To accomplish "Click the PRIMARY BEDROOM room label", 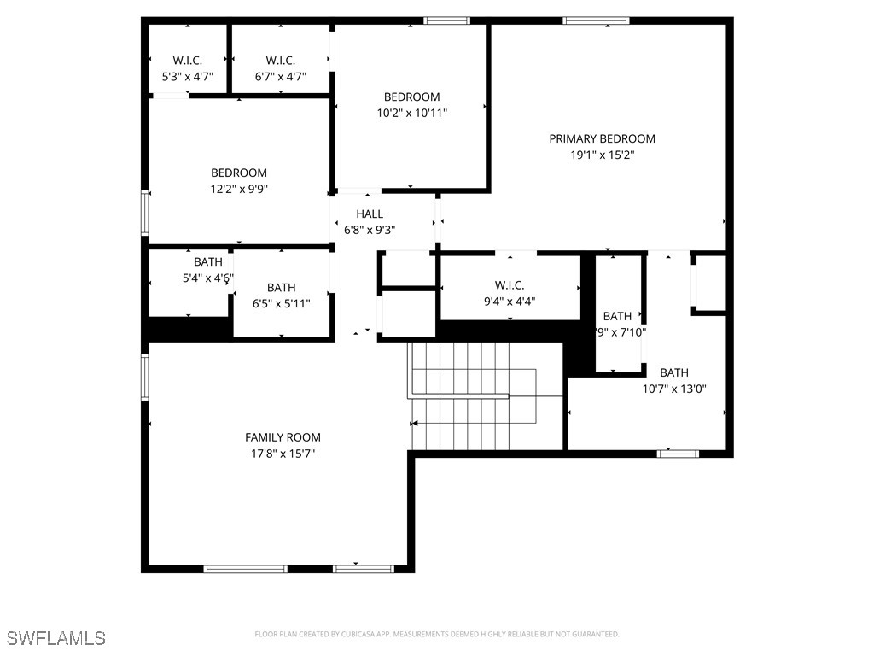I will coord(602,138).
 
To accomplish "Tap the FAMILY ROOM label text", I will coord(283,437).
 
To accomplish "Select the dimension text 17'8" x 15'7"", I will coord(283,454).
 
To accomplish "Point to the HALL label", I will coord(370,214).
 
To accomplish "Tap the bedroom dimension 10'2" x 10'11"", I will coord(411,113).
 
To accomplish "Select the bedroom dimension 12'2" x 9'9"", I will coord(239,189).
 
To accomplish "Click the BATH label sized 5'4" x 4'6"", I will coord(207,261).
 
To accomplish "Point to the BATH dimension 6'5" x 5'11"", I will coord(281,303).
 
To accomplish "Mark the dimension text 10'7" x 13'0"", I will coord(673,389).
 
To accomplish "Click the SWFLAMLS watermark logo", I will coord(56,637).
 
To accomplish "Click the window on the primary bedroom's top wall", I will coord(596,20).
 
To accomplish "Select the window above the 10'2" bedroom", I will coord(447,20).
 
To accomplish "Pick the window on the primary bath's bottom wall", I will coord(678,454).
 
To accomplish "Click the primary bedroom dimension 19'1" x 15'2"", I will coord(602,155).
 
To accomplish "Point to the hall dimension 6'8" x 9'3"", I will coord(370,229).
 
